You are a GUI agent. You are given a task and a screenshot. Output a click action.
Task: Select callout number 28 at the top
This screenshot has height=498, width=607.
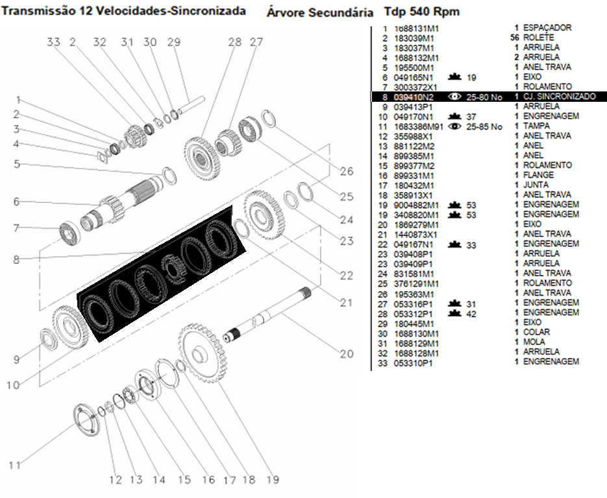(x=234, y=42)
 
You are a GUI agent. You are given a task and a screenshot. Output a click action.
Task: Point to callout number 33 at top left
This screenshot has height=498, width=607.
(x=53, y=42)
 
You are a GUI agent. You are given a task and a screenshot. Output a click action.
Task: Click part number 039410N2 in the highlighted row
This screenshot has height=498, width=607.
(x=414, y=97)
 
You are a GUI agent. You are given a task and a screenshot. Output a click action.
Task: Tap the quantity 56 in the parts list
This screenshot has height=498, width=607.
(x=515, y=38)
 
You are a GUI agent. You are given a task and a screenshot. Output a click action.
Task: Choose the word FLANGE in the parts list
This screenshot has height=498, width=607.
(x=538, y=175)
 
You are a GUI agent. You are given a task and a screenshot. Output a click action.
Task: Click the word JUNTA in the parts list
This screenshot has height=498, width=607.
(x=536, y=185)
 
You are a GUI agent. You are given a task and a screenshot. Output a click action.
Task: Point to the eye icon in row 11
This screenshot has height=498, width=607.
(x=454, y=126)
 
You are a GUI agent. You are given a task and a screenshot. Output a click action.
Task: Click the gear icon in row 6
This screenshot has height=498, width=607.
(x=454, y=77)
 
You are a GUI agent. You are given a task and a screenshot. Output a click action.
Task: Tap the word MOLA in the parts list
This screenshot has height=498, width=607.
(x=534, y=343)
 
